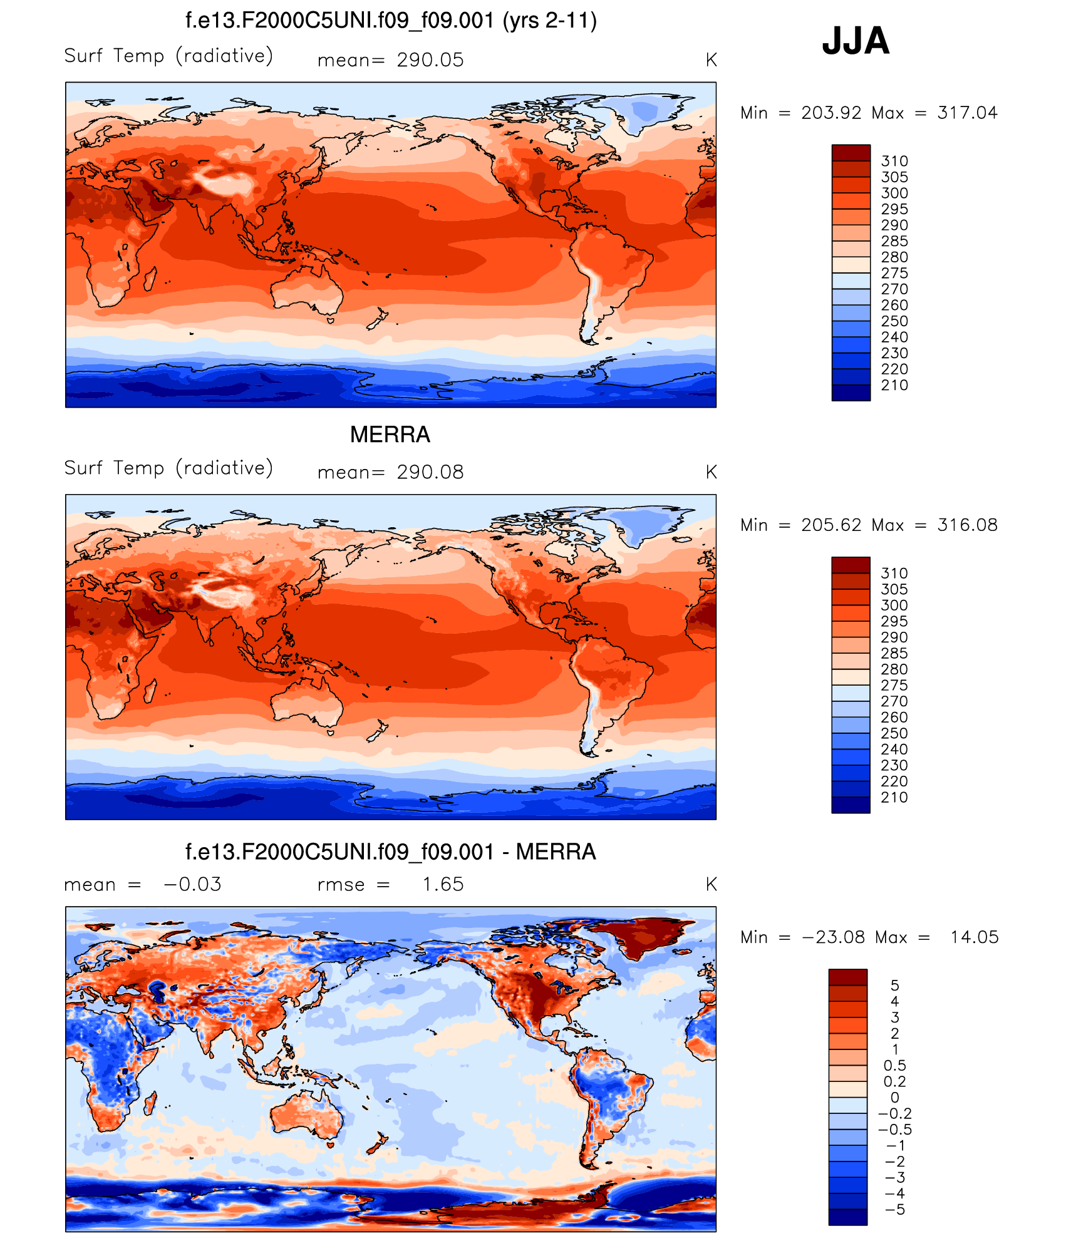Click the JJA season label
click(856, 41)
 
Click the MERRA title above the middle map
click(390, 435)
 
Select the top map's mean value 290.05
click(430, 60)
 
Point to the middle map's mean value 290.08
click(430, 472)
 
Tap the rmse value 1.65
click(442, 884)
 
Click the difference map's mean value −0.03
click(192, 884)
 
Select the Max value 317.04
click(967, 113)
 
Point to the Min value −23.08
click(833, 937)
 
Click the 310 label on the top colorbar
click(894, 161)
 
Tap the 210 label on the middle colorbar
click(894, 797)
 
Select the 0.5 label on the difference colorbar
click(894, 1065)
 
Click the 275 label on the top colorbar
click(894, 273)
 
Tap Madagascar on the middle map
click(150, 691)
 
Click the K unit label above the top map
click(711, 60)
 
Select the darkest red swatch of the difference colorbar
click(847, 977)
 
